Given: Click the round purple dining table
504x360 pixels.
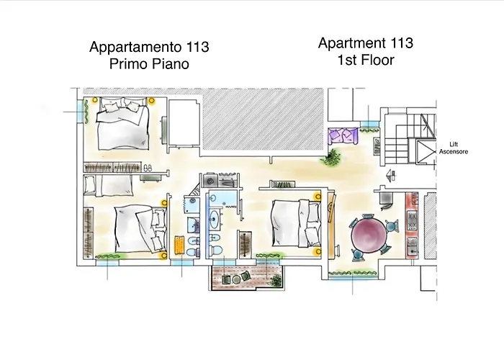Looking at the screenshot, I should coord(368,235).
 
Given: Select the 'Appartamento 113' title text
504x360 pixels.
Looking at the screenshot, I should coord(149,48).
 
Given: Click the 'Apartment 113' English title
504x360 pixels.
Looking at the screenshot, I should coord(366,43).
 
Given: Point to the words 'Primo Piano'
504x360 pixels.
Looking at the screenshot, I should coord(149,65).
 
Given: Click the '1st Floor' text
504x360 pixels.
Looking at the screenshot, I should coord(366,60).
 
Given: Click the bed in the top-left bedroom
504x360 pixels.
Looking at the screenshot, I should coord(123,121).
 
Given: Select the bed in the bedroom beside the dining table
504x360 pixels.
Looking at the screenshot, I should coord(294,224).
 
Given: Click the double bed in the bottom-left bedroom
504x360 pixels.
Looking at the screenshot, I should coord(134,229).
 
